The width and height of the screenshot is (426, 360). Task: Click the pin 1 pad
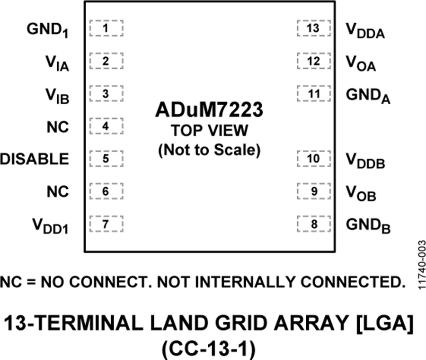coord(106,28)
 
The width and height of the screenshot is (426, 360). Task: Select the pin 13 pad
coord(314,28)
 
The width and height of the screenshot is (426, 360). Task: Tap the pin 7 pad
coord(106,224)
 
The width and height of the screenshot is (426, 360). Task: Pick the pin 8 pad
coord(314,224)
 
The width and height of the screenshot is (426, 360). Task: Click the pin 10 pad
coord(314,159)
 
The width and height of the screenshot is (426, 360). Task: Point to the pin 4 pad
coord(106,126)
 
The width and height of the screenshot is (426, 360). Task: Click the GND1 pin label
coord(47,30)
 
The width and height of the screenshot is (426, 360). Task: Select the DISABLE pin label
coord(35,159)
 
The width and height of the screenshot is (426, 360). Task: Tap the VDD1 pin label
coord(50,226)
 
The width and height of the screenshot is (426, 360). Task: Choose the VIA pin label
coord(57,63)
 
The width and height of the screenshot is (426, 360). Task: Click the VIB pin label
coord(57,96)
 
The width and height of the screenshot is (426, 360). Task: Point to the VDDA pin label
coord(365,30)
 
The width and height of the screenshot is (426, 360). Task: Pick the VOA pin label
coord(361,63)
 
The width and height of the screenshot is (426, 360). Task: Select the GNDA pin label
coord(368,96)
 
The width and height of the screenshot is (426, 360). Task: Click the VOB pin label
coord(361,194)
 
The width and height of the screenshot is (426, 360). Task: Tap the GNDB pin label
coord(368,226)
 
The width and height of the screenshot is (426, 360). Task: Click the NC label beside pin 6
coord(58,192)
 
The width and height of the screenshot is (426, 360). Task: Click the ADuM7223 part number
coord(209,110)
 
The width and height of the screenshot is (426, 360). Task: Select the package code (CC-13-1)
coord(209,349)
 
